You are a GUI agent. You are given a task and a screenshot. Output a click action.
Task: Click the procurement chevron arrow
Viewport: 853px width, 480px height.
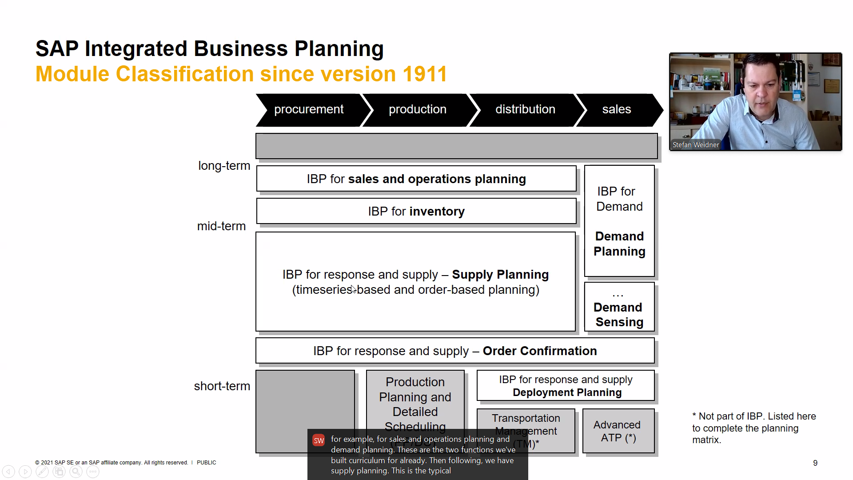pos(309,110)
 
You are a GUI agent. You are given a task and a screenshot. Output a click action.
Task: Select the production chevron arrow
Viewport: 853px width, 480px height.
pos(417,110)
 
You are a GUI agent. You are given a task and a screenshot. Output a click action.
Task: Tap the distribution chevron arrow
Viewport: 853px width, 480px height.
pos(525,110)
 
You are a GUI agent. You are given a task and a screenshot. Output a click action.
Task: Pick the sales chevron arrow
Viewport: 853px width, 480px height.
pos(617,110)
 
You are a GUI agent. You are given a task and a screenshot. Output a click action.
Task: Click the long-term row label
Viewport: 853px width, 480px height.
pos(224,166)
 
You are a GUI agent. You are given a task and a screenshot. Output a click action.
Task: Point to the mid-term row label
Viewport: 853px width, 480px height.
pos(221,226)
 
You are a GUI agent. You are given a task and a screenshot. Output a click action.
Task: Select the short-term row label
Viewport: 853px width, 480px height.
pos(222,386)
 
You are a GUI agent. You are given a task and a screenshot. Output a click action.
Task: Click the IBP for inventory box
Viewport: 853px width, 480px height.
pos(416,212)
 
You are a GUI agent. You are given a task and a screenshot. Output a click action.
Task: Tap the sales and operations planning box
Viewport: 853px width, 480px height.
pos(416,179)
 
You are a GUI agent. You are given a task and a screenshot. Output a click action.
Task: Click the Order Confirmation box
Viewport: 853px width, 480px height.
pos(455,351)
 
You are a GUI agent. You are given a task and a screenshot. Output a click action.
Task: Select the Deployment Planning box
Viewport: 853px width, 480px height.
pos(566,386)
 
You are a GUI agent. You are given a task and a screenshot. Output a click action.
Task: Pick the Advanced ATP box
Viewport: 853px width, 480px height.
pos(618,431)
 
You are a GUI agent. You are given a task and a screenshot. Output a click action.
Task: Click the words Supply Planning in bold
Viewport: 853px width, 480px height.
pos(500,275)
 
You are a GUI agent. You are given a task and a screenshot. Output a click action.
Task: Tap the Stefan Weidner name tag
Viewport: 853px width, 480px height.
pos(695,145)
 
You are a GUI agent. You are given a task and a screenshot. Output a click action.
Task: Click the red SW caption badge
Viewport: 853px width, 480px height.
pos(319,440)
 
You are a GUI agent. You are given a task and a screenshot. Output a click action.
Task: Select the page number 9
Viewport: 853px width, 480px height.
pos(815,463)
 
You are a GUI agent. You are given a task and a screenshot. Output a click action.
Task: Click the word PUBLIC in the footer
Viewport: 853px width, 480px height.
pos(206,463)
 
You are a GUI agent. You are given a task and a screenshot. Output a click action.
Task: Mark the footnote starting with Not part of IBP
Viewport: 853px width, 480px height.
pos(754,428)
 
